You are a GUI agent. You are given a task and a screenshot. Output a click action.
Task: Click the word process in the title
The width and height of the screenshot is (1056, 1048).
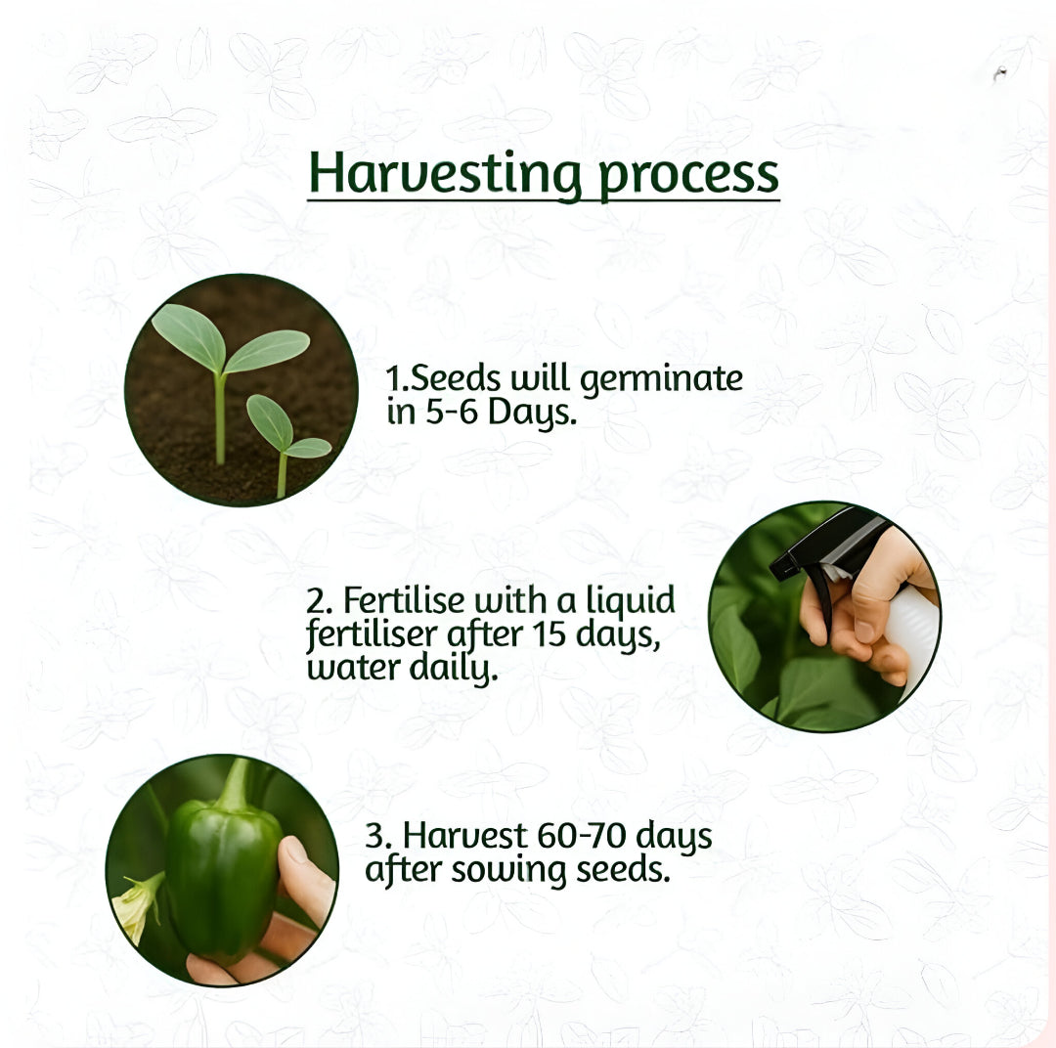[688, 175]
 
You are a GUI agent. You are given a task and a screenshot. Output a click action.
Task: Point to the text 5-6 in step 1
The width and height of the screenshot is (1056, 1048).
[451, 414]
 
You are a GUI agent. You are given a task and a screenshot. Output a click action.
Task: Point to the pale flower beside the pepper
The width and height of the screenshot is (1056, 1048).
[136, 906]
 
